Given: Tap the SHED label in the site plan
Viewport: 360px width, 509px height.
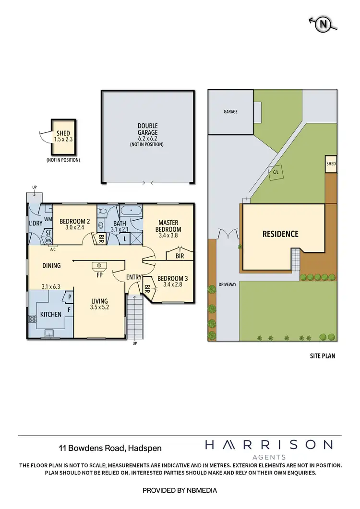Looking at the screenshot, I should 331,164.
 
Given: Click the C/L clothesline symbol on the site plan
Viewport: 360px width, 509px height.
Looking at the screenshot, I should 276,172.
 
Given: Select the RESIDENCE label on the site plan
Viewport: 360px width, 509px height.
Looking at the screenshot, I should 280,234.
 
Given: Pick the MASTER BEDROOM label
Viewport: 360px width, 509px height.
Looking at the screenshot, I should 168,226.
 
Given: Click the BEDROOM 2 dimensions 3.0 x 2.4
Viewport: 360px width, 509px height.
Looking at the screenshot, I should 75,227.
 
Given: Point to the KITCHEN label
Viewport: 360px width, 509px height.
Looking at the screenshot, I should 50,314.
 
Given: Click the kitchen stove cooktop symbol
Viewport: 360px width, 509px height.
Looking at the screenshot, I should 33,318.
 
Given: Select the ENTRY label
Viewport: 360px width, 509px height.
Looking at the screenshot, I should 134,277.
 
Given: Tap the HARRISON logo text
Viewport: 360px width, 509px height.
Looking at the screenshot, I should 268,445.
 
